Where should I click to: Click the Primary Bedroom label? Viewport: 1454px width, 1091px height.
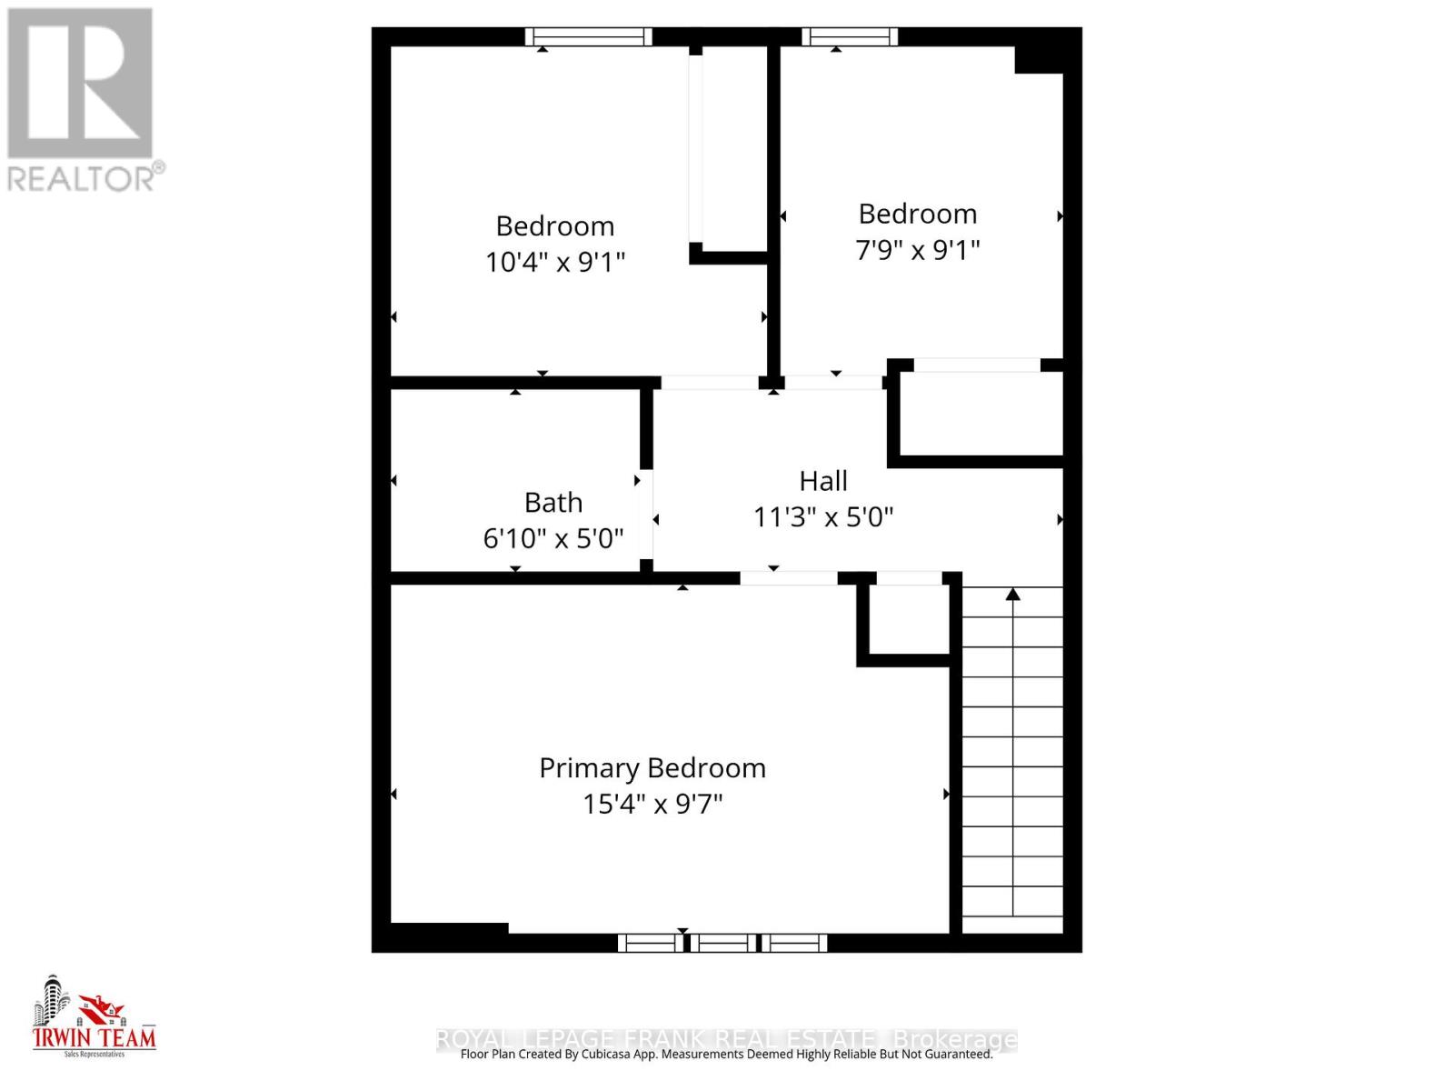coord(652,768)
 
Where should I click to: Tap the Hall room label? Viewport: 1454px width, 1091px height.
coord(823,481)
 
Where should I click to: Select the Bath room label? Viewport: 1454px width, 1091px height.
coord(553,503)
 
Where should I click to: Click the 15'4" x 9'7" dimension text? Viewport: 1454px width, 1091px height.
coord(652,805)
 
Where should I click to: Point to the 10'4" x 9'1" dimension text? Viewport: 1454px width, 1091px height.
coord(554,263)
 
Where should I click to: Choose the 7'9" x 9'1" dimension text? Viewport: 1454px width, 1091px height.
coord(917,250)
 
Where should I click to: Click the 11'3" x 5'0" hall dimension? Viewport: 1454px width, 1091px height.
coord(823,517)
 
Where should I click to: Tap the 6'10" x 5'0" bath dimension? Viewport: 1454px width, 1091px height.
coord(553,539)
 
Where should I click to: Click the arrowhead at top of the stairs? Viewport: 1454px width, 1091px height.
coord(1012,595)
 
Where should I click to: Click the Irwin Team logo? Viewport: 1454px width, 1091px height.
coord(94,1016)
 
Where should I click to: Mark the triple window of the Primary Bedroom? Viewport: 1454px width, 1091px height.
coord(722,943)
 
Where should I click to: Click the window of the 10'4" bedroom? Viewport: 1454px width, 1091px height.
coord(589,36)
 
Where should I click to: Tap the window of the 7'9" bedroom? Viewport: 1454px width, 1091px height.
coord(850,36)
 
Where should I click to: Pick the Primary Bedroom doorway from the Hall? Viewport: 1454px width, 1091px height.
coord(788,577)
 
